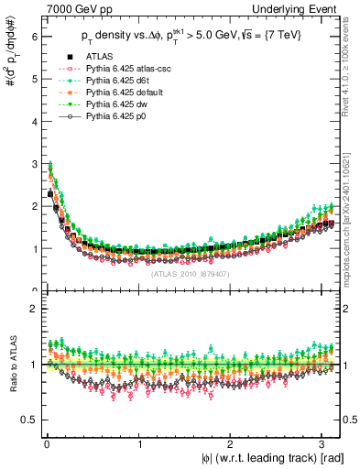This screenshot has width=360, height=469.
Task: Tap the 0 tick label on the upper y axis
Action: coord(32,290)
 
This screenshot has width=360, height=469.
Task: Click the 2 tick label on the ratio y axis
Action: coord(32,309)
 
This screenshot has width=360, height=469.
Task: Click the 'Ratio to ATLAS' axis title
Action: coord(10,366)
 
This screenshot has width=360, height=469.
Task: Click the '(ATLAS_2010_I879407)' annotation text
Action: coord(190,273)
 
